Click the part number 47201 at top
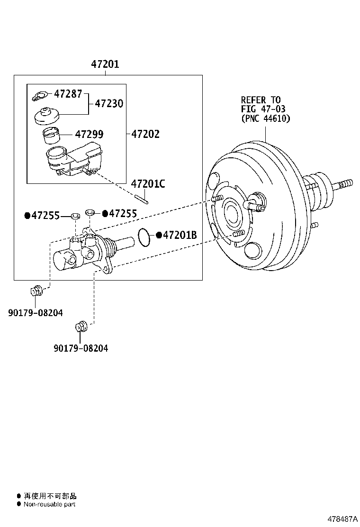(105, 64)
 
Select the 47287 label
(68, 93)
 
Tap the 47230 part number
(109, 103)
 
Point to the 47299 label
(89, 135)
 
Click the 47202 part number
(145, 134)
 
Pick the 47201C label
(148, 184)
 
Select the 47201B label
(180, 235)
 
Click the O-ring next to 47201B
(144, 237)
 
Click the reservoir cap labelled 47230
(46, 116)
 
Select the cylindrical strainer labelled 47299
(51, 136)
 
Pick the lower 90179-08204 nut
(81, 327)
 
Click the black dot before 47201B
(159, 235)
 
